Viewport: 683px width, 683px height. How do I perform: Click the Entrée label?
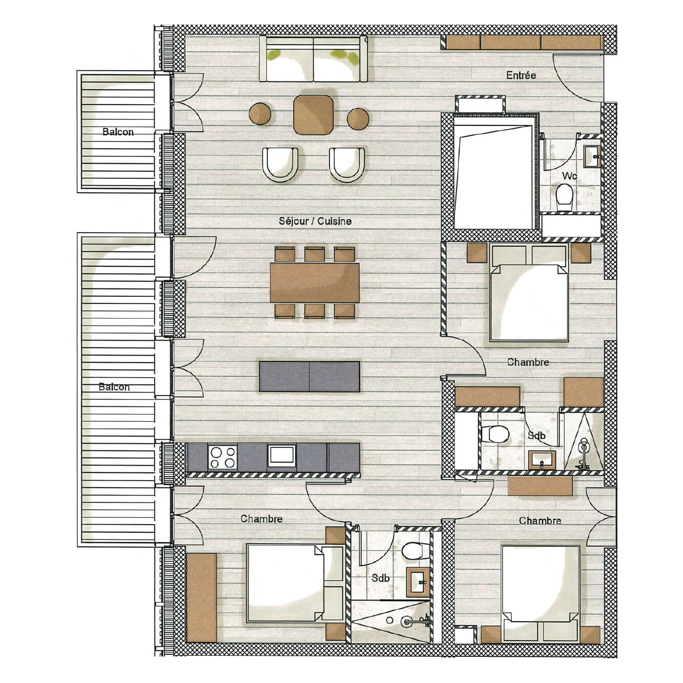[521, 75]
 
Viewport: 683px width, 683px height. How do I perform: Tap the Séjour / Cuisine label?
[315, 221]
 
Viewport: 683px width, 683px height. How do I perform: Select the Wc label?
[569, 176]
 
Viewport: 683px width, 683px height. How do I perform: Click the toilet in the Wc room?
[564, 195]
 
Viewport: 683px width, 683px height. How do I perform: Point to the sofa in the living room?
[314, 59]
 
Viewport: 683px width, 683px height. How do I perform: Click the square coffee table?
[314, 115]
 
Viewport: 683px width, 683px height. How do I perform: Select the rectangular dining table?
[315, 282]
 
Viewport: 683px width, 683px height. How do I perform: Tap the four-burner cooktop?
[222, 457]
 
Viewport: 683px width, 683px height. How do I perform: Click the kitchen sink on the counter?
[281, 456]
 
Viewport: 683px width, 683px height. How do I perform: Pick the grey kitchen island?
[309, 377]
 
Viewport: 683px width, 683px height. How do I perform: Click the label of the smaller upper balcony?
[118, 132]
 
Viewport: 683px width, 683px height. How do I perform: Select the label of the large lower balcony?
[114, 387]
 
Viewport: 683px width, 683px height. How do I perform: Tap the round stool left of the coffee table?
[260, 113]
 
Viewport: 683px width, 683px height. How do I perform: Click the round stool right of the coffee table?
[358, 119]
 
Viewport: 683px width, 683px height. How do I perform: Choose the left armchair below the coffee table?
[280, 164]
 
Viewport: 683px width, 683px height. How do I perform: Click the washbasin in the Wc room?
[593, 156]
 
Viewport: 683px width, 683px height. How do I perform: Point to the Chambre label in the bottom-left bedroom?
[261, 519]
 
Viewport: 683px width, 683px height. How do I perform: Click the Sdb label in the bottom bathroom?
[381, 578]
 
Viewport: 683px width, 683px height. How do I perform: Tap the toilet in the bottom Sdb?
[413, 551]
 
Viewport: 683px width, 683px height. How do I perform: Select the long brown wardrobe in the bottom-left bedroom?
[202, 597]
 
